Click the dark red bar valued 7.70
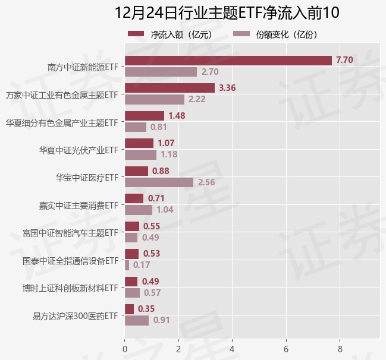[x=228, y=60]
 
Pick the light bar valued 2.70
[x=161, y=72]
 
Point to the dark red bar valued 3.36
[x=170, y=88]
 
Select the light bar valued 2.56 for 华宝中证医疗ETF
[x=159, y=182]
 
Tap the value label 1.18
[x=170, y=154]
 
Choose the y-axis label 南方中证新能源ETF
[x=83, y=67]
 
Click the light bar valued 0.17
[x=127, y=265]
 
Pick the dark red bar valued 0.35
[x=130, y=309]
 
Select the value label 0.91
[x=162, y=321]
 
